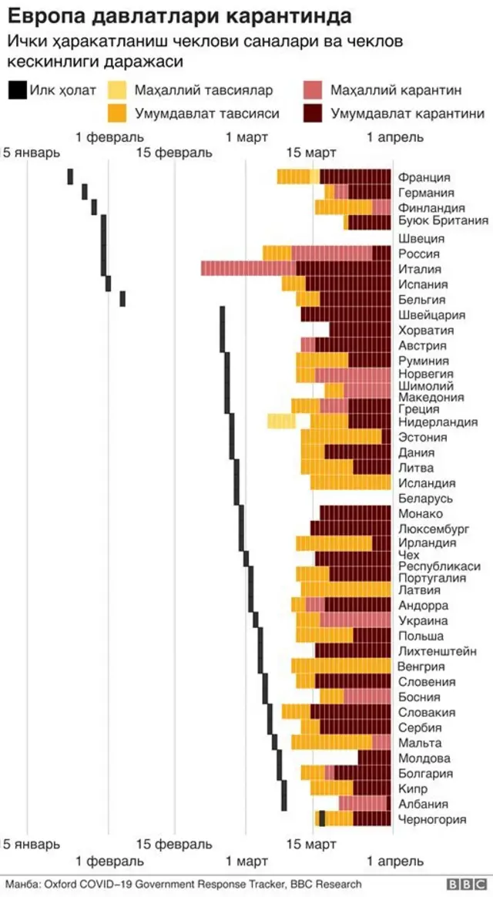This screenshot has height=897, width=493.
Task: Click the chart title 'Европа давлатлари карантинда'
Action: coord(169,16)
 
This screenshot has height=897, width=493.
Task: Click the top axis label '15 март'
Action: coord(306,153)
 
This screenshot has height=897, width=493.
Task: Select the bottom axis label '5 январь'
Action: coord(32,844)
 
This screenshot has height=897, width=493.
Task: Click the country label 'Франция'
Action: coord(424,177)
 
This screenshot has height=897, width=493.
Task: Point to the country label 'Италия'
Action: coord(420,269)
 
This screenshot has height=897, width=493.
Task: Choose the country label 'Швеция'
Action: coord(421,238)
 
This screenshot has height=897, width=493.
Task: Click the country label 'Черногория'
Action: coord(432,819)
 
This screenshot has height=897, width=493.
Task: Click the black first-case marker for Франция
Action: coord(70,176)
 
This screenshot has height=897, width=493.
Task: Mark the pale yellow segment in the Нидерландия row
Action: coord(281,422)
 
